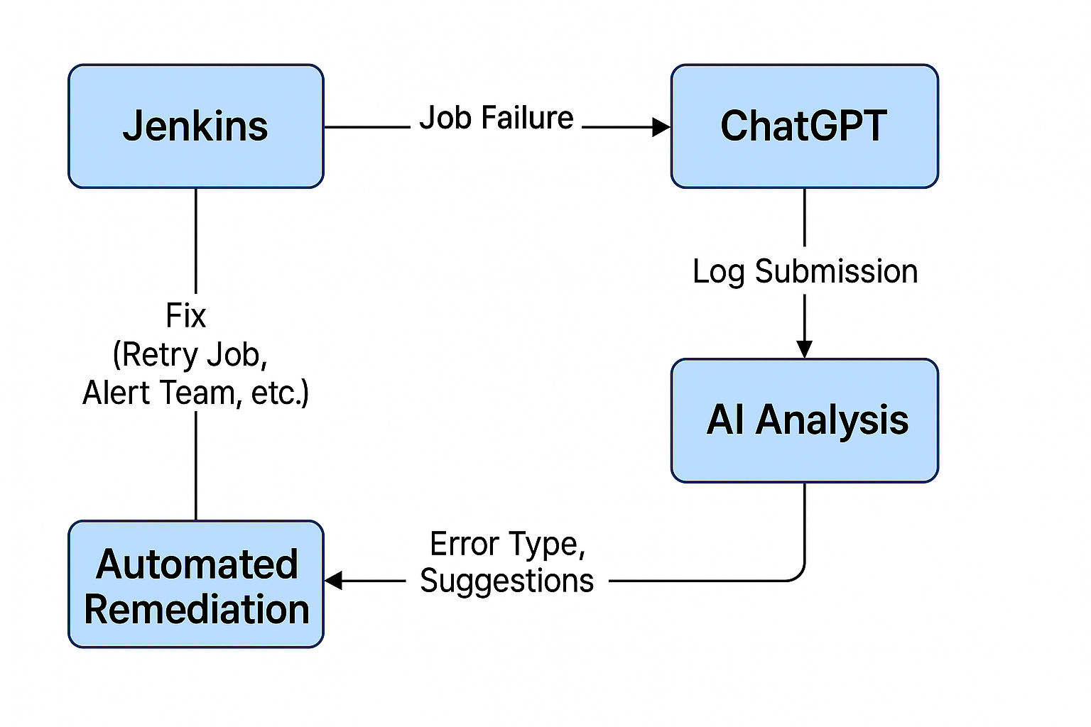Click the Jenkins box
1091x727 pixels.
pos(196,126)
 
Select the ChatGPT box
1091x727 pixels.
pos(805,126)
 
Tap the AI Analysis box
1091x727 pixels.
pos(805,421)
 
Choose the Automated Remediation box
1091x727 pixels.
pos(196,584)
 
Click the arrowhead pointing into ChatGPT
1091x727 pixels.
pos(661,127)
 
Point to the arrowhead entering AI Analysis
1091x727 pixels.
pos(804,349)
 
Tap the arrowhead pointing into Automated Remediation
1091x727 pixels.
pos(334,581)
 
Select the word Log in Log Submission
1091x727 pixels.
pos(719,272)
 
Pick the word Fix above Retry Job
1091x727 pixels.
pos(185,315)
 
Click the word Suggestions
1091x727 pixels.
pos(506,581)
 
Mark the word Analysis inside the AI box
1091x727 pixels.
pos(832,420)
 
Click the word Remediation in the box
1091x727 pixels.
pos(197,609)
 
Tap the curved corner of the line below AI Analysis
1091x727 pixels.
pos(798,574)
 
